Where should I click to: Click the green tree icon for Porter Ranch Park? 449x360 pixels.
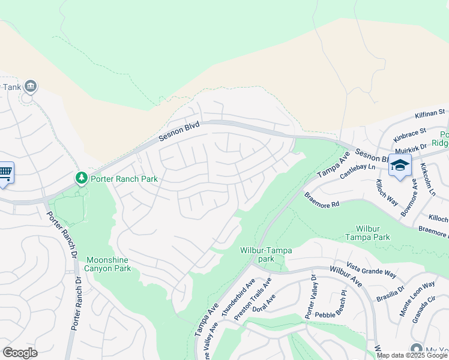(x=81, y=178)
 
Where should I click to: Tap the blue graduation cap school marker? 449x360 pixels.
(x=399, y=165)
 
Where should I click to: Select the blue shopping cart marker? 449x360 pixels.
(x=5, y=173)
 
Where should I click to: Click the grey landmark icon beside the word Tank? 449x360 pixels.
(x=31, y=88)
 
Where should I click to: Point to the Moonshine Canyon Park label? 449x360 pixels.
(x=108, y=265)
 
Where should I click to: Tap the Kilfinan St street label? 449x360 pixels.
(x=429, y=113)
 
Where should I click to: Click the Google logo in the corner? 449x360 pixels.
(x=20, y=353)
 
